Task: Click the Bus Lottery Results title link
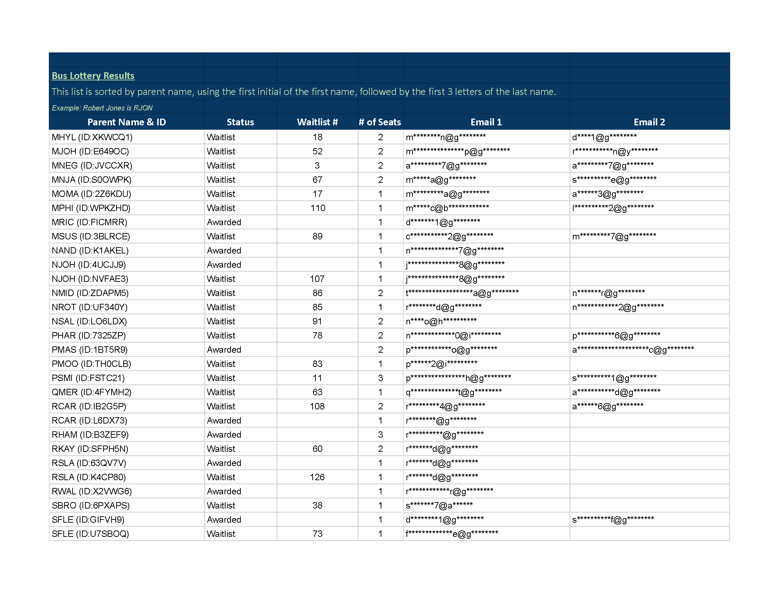(93, 76)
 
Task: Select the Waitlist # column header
(317, 122)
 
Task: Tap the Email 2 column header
(649, 122)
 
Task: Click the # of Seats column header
(380, 122)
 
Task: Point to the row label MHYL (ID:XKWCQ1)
(92, 137)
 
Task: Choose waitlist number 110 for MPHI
(318, 208)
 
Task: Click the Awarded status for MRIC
(224, 222)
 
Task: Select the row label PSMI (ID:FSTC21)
(88, 378)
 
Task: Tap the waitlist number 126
(317, 477)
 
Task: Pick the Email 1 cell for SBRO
(439, 505)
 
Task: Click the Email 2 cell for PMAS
(633, 350)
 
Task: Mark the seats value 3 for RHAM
(380, 435)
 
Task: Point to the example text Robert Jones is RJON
(102, 108)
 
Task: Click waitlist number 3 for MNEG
(317, 165)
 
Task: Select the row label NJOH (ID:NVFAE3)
(90, 279)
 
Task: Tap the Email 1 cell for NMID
(462, 293)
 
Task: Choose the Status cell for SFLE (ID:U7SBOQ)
(221, 534)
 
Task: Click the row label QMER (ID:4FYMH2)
(91, 392)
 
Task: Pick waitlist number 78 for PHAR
(317, 336)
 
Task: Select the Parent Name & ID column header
(127, 122)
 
